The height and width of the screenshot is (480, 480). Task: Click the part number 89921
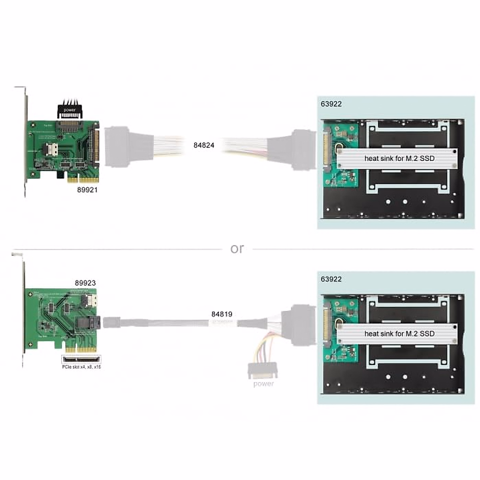click(x=87, y=190)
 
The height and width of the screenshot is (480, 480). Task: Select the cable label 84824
click(x=204, y=145)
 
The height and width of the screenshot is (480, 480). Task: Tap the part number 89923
click(x=85, y=283)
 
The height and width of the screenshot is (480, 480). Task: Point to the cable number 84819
click(x=222, y=314)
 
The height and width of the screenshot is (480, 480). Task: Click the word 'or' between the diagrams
click(x=237, y=249)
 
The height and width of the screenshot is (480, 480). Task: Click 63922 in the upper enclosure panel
click(x=331, y=104)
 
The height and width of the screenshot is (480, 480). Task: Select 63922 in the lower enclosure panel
click(x=331, y=279)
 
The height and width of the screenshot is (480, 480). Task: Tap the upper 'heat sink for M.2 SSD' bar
click(x=399, y=158)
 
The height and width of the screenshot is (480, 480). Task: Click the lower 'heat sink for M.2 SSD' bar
click(x=399, y=334)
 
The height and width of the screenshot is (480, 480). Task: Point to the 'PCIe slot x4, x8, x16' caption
click(x=82, y=367)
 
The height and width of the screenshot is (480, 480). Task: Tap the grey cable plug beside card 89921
click(x=118, y=146)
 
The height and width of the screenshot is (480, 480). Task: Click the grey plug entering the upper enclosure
click(x=303, y=148)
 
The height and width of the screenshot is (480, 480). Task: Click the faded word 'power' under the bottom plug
click(x=264, y=384)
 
